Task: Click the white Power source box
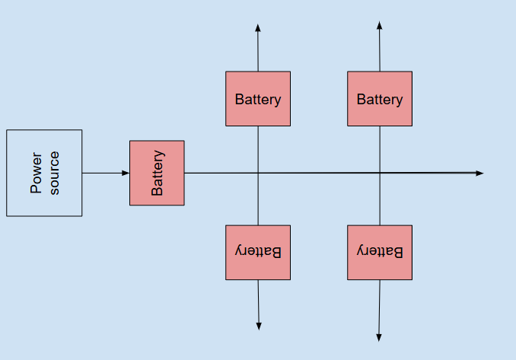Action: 44,173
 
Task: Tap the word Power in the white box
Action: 36,173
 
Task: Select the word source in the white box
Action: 54,173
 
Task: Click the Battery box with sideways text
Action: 157,173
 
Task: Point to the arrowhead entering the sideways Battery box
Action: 126,173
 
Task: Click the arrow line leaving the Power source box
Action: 103,173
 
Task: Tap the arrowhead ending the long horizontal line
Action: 479,173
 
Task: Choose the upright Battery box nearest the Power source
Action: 258,99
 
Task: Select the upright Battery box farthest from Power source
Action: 380,99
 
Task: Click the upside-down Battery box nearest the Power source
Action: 258,252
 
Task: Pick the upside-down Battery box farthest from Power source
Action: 380,252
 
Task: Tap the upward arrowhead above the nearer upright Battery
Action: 258,28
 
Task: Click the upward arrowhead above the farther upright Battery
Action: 380,26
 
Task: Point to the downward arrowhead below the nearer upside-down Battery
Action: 259,326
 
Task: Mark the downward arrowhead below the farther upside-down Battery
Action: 379,337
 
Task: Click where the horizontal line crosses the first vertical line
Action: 258,173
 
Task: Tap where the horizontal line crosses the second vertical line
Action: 380,173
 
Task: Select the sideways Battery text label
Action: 158,173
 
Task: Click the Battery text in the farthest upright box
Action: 380,100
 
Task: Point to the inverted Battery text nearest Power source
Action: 258,251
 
